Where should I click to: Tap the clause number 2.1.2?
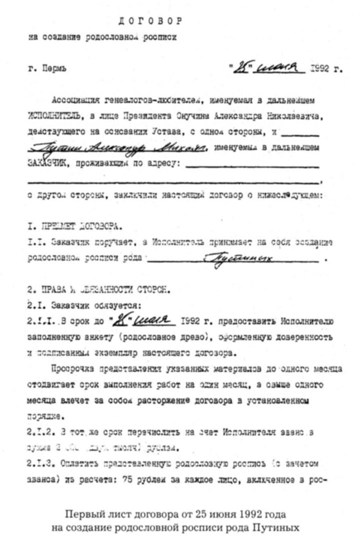(x=39, y=430)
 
